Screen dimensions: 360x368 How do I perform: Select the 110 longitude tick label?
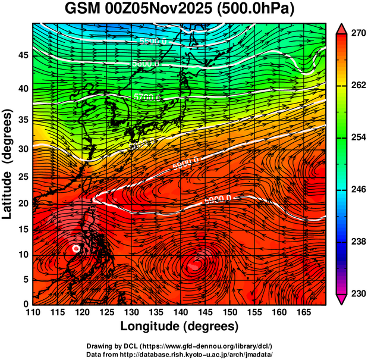point(33,312)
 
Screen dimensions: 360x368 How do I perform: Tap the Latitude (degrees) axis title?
point(8,164)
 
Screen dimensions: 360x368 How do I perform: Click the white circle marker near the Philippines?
point(76,248)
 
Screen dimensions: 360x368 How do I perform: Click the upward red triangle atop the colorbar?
point(341,28)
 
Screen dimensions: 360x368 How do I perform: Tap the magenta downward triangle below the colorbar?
point(341,299)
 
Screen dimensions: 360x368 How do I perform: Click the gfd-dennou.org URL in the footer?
point(199,346)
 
